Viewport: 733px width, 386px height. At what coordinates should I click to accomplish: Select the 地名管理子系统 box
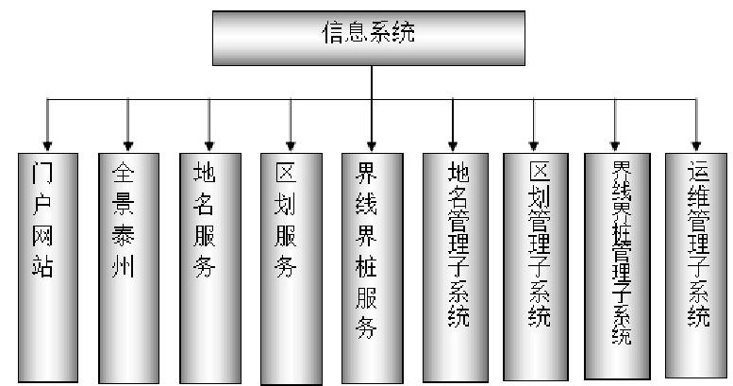coord(452,265)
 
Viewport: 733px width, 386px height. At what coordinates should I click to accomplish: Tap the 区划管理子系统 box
coord(534,265)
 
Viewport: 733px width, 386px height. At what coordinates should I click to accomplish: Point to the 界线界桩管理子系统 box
coord(616,264)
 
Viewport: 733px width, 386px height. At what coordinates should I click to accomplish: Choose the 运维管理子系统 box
coord(697,263)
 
